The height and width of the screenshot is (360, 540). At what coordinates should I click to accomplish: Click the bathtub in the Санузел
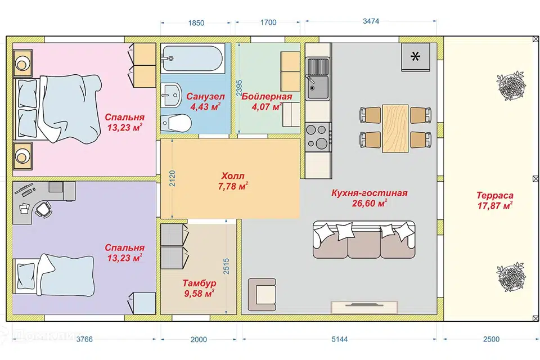[x=193, y=58]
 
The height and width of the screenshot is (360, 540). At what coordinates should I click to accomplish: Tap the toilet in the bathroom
[x=176, y=122]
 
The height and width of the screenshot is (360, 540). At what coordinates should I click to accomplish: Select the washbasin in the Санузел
[x=172, y=94]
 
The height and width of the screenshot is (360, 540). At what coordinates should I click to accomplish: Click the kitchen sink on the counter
[x=318, y=79]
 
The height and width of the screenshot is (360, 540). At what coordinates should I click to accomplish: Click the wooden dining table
[x=395, y=128]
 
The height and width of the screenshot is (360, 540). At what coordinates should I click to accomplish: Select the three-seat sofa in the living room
[x=364, y=240]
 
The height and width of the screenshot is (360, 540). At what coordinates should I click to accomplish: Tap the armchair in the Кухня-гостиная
[x=262, y=295]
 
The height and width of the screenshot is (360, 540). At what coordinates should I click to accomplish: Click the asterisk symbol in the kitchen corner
[x=415, y=56]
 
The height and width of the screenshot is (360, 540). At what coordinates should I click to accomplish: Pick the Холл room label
[x=233, y=176]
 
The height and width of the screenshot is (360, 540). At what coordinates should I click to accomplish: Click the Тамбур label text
[x=199, y=283]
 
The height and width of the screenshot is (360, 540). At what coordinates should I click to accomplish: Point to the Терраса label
[x=495, y=195]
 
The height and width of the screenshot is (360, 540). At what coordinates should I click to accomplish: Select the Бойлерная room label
[x=267, y=96]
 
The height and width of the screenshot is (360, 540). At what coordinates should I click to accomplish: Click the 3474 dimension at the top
[x=371, y=21]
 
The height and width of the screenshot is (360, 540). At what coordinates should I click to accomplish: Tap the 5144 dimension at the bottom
[x=340, y=339]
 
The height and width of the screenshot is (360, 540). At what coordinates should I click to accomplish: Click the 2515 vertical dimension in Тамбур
[x=226, y=266]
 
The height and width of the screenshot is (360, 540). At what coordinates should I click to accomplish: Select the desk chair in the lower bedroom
[x=43, y=209]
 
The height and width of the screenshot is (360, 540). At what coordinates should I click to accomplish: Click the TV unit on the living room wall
[x=364, y=307]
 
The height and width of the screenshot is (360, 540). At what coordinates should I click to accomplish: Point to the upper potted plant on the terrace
[x=511, y=85]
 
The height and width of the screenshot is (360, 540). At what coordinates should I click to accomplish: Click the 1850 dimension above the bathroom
[x=196, y=23]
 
